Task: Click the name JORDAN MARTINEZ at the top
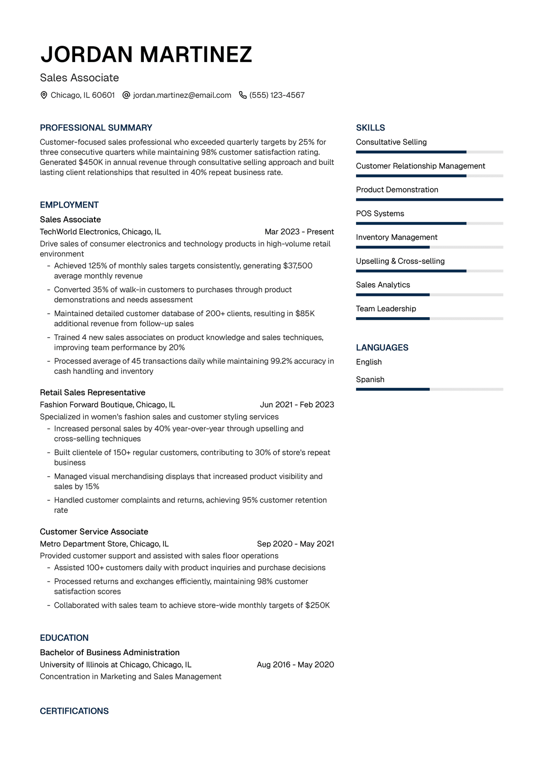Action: tap(146, 54)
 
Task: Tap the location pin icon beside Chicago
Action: tap(44, 95)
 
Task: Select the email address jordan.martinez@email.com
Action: tap(182, 95)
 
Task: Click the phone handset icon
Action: tap(243, 95)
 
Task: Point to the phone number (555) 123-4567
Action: tap(277, 95)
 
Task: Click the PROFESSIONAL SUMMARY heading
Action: tap(96, 128)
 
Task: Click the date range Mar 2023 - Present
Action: tap(299, 232)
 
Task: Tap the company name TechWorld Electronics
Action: tap(79, 232)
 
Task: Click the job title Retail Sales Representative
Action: tap(92, 392)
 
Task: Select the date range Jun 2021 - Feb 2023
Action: tap(297, 405)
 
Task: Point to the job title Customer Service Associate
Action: tap(94, 532)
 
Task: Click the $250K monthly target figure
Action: tap(318, 605)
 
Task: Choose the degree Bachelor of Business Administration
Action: tap(110, 653)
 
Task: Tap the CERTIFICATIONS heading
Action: tap(74, 711)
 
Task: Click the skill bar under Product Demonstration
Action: tap(429, 199)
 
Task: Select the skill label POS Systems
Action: tap(380, 213)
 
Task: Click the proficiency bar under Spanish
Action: tap(429, 389)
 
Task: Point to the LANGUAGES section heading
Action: tap(382, 348)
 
